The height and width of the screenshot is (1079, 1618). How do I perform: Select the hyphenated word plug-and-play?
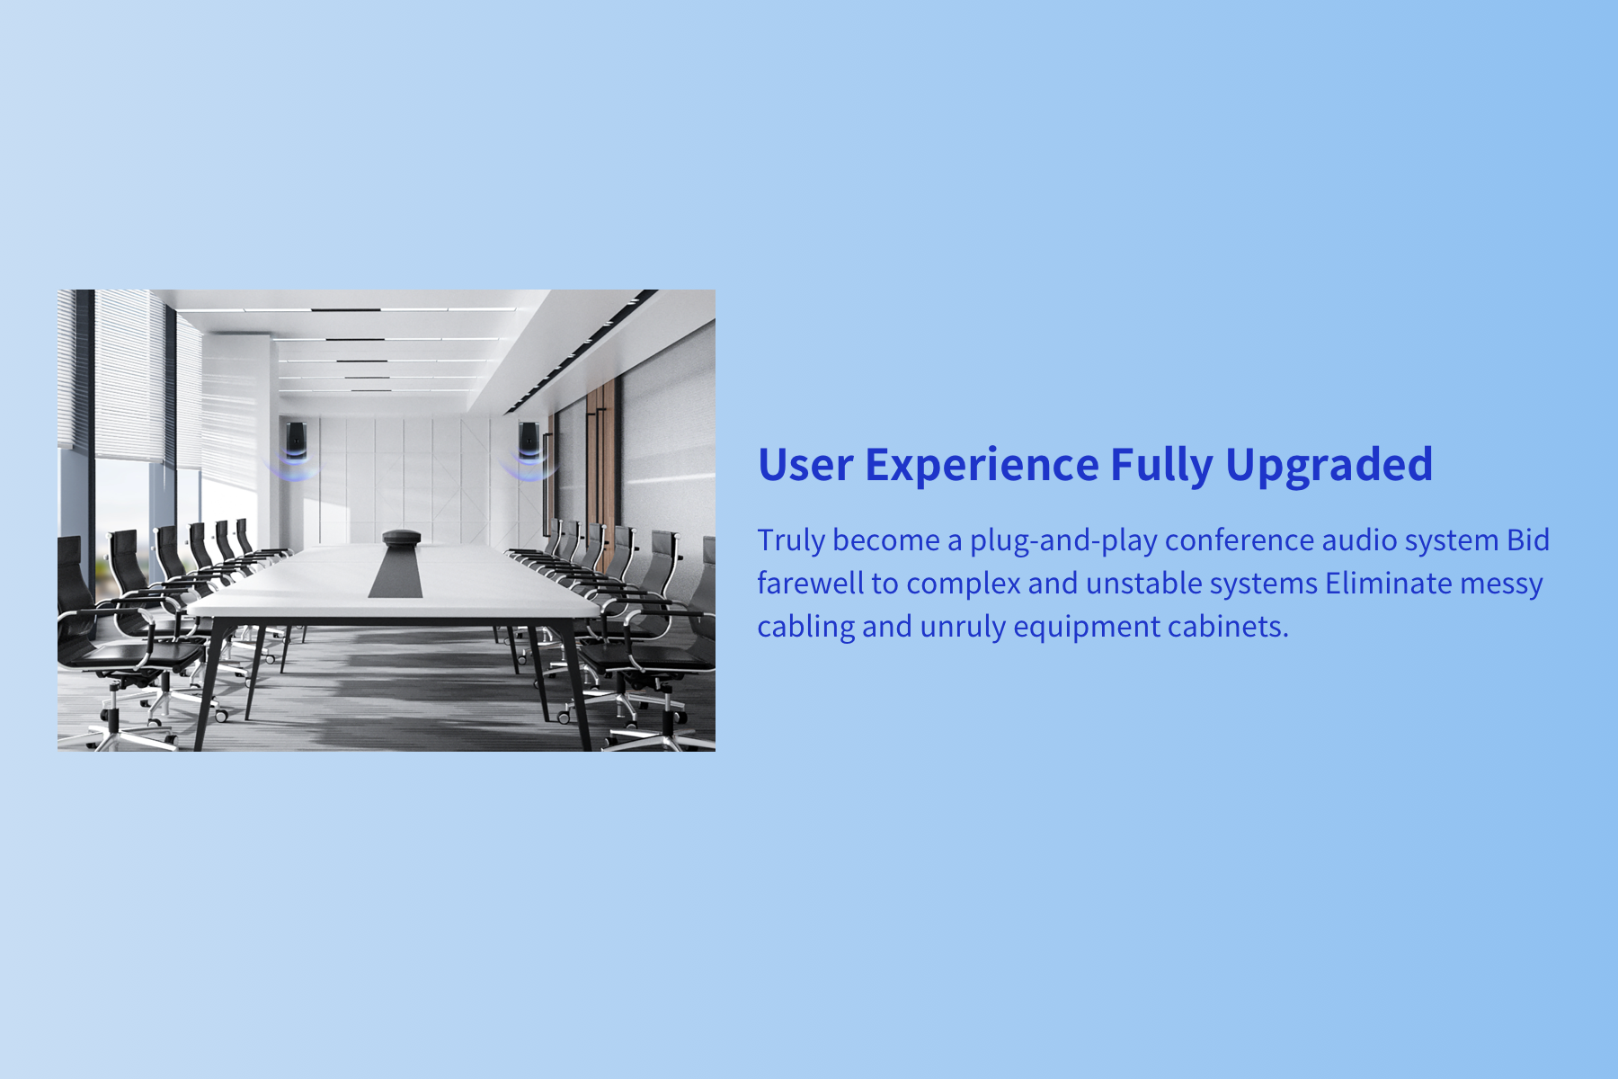tap(1063, 541)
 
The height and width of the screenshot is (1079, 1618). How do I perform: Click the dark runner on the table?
tap(396, 572)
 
